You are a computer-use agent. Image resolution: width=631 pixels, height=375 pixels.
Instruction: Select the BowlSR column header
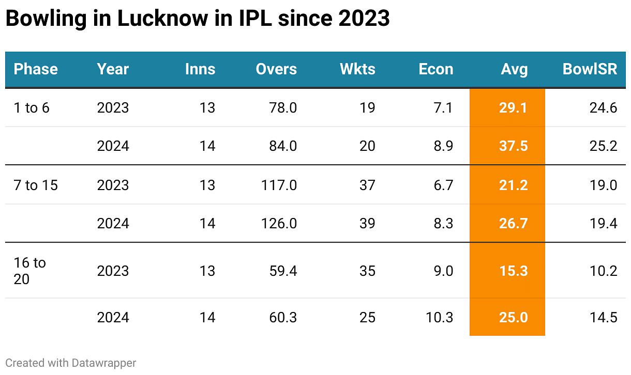coord(590,69)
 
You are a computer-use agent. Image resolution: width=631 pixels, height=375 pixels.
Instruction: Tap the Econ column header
coord(435,69)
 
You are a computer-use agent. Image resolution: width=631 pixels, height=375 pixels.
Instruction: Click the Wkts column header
coord(357,69)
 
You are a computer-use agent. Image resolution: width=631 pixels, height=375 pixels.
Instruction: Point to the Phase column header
coord(36,69)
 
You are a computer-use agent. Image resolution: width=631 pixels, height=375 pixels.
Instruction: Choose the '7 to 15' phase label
coord(36,185)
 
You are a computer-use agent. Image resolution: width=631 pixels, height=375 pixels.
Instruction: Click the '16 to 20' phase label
coord(29,271)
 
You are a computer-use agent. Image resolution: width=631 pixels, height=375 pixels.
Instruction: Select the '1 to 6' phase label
coord(32,108)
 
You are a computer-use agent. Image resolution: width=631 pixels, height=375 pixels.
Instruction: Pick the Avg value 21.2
coord(513,185)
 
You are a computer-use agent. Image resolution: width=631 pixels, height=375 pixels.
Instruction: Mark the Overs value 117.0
coord(278,185)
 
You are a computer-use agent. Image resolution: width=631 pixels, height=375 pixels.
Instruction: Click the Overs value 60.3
coord(283,317)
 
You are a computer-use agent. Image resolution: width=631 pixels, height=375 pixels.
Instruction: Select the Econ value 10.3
coord(440,317)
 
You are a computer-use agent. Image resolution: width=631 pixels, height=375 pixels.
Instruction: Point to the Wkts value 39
coord(367,224)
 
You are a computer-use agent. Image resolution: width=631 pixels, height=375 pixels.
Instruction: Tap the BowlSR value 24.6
coord(603,108)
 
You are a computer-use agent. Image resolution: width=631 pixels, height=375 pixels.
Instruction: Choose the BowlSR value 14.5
coord(603,317)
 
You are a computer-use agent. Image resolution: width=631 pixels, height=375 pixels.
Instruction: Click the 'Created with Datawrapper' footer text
coord(71,363)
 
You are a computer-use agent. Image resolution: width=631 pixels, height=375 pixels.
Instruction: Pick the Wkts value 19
coord(367,108)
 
